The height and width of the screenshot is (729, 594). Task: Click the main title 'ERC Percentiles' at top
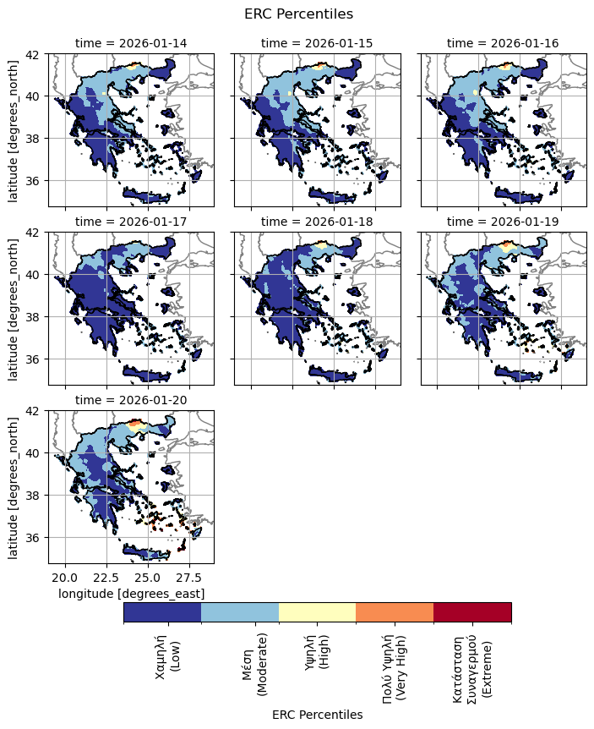(x=297, y=14)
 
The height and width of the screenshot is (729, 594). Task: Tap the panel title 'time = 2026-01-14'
(x=131, y=42)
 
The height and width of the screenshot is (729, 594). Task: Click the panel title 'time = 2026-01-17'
(x=131, y=221)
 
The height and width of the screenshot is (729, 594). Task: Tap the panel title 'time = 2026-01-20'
(x=131, y=399)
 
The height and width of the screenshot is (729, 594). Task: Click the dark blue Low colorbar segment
(x=162, y=612)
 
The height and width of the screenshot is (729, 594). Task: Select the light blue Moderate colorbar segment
(x=240, y=612)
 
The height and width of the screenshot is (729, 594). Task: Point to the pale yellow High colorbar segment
(x=317, y=612)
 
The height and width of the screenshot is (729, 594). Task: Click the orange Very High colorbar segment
(x=395, y=612)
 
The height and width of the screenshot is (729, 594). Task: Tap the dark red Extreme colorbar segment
(x=472, y=612)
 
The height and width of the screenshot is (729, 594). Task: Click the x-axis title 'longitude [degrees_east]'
(x=131, y=595)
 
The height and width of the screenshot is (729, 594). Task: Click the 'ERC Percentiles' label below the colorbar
(x=317, y=715)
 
